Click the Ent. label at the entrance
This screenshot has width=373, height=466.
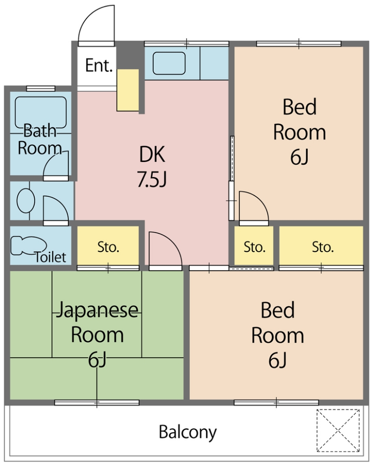99,66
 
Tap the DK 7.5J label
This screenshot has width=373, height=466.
152,167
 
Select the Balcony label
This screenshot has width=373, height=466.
187,432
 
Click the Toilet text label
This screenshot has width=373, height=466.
50,257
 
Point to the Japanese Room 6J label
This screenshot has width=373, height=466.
97,334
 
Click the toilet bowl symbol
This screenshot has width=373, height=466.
28,245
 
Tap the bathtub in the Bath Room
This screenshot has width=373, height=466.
41,112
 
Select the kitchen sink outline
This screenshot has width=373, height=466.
169,63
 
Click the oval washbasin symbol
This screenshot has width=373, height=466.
26,201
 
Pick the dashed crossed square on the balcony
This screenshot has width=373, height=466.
338,431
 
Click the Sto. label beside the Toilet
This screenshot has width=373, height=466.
109,247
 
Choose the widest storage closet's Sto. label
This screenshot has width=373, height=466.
323,247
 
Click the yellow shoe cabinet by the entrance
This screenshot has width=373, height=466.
128,91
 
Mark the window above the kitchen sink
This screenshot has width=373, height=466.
186,44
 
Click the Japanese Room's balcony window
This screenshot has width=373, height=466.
97,403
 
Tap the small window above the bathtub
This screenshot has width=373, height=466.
41,89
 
